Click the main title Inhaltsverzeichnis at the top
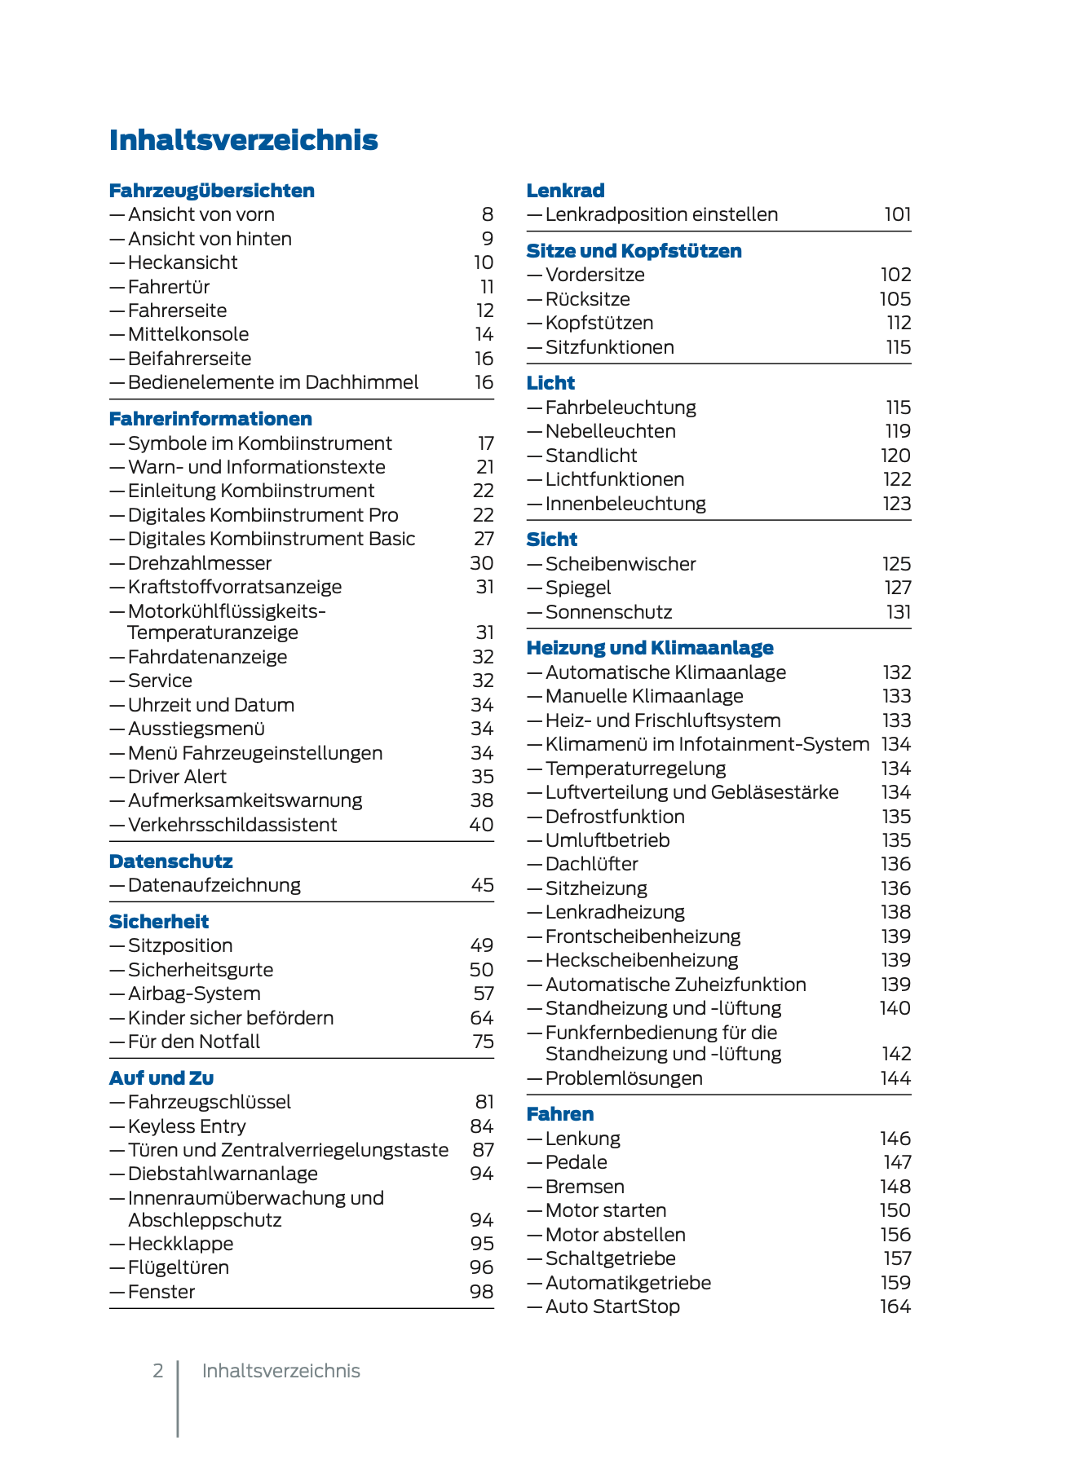pos(243,140)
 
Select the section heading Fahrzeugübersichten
pos(211,191)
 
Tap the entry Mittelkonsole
pos(188,334)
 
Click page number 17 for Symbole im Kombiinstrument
pos(486,443)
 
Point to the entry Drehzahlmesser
pos(200,563)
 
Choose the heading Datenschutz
pos(170,861)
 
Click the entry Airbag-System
pos(194,994)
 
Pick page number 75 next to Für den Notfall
pos(483,1042)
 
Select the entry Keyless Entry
pos(187,1126)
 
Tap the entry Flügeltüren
pos(179,1267)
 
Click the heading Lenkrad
pos(565,191)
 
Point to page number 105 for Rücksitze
pos(895,299)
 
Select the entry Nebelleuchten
pos(610,431)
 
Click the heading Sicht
pos(551,540)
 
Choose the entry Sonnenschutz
pos(608,612)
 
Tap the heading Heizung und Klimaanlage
pos(649,648)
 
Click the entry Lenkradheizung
pos(615,912)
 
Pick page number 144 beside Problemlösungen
pos(895,1078)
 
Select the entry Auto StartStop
pos(612,1306)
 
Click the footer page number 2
pos(158,1371)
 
